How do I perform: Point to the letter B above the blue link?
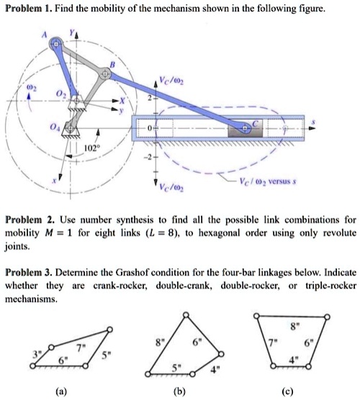click(112, 64)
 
